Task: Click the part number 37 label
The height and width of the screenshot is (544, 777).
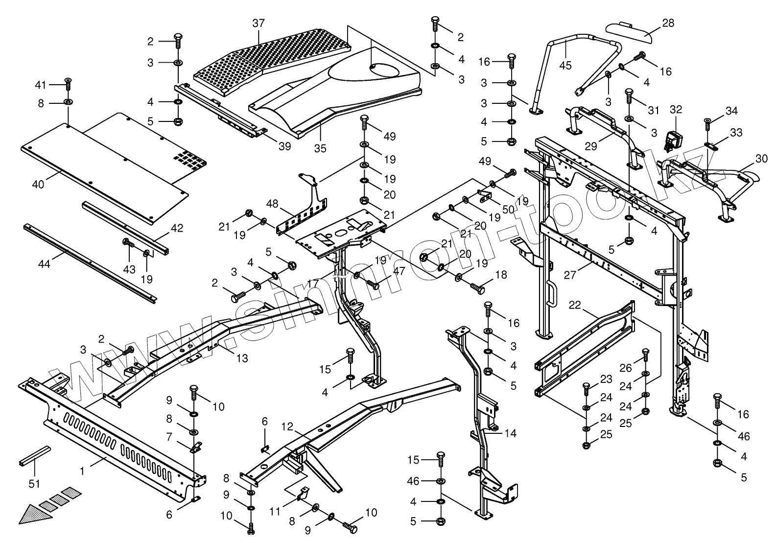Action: [x=259, y=23]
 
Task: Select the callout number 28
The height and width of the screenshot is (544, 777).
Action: [x=668, y=23]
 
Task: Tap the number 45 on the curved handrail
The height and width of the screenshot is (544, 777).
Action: [x=565, y=65]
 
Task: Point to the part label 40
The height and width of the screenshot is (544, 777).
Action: [x=38, y=184]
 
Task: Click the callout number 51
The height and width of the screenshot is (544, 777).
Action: [x=34, y=484]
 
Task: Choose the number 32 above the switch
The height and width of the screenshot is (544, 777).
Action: [x=676, y=109]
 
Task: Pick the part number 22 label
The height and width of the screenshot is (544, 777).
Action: [x=575, y=305]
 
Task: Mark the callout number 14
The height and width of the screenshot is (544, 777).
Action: [x=510, y=433]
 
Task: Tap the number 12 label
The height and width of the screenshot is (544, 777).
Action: [x=287, y=427]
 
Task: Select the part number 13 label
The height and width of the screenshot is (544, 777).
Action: [x=242, y=358]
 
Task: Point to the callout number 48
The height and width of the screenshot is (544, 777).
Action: [x=272, y=203]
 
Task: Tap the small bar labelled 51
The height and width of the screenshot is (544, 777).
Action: [x=35, y=455]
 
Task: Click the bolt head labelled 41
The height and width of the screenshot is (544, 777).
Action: [x=68, y=80]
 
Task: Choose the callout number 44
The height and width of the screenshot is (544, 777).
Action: [x=44, y=264]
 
